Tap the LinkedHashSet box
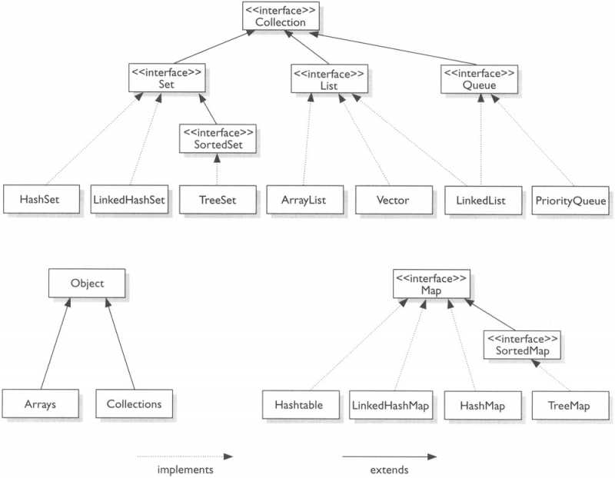point(129,201)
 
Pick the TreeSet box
point(218,201)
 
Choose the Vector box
point(393,200)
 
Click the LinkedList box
point(480,200)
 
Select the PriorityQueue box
point(570,201)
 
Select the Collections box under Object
point(134,403)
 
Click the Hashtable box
point(298,403)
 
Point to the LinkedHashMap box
point(391,403)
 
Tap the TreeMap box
point(570,403)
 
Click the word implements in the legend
point(184,469)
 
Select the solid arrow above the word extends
point(393,456)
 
